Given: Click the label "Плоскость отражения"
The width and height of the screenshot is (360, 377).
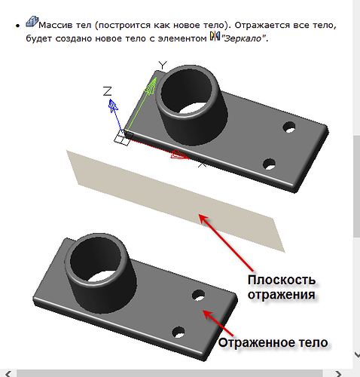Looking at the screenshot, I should [281, 287].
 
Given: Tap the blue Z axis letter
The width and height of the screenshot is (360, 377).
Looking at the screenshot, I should [108, 91].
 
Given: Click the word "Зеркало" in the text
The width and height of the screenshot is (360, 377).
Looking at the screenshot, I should [243, 38].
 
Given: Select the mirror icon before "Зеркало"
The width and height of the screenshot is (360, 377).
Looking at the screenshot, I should [213, 38].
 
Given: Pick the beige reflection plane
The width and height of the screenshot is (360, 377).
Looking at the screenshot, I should [173, 200].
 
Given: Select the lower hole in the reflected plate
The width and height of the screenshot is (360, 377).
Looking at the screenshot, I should [178, 330].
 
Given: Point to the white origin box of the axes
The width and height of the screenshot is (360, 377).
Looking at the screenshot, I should [121, 136].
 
